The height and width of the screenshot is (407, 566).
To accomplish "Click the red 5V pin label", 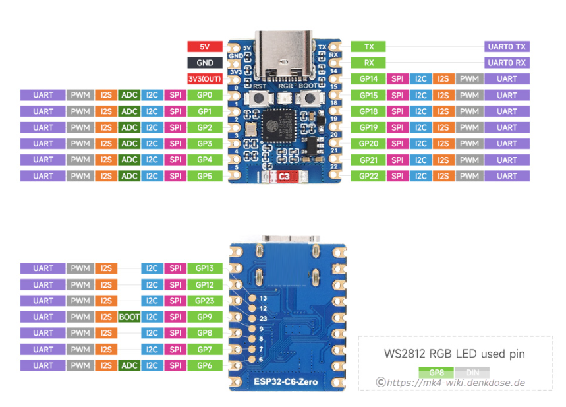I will click(x=205, y=47).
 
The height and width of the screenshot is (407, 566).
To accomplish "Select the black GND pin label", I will click(x=205, y=63).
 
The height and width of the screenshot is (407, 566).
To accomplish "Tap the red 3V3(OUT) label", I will click(x=205, y=79).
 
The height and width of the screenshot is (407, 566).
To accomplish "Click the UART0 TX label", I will click(x=507, y=47).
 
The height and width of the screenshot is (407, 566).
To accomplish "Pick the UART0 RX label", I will click(x=507, y=63).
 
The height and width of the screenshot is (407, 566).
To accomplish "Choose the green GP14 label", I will click(x=368, y=79).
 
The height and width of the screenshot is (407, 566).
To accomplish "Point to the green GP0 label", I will click(x=204, y=95).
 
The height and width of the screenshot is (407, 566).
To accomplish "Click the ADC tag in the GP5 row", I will click(x=129, y=176).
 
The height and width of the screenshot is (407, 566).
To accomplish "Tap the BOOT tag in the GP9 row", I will click(x=129, y=317).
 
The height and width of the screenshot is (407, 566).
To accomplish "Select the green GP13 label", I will click(x=204, y=268).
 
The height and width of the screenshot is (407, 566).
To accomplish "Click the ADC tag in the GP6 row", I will click(x=129, y=365).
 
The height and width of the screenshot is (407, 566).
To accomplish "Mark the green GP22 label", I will click(x=368, y=176).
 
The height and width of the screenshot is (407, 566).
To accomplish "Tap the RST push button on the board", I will click(x=259, y=99).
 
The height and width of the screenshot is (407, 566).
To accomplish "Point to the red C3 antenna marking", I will click(x=285, y=177).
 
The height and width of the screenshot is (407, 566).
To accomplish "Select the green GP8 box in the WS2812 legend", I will click(x=436, y=373).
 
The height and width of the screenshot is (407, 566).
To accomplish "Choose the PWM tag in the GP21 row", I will click(x=469, y=160).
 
